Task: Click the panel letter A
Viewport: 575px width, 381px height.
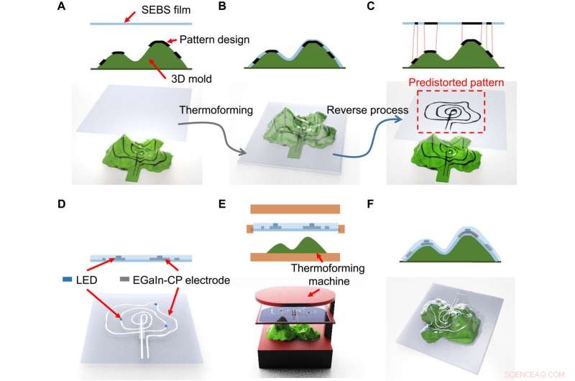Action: coord(94,7)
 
